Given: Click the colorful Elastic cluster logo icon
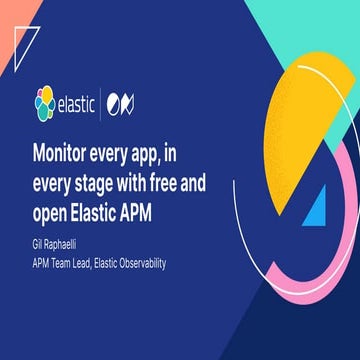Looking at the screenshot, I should [43, 102].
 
